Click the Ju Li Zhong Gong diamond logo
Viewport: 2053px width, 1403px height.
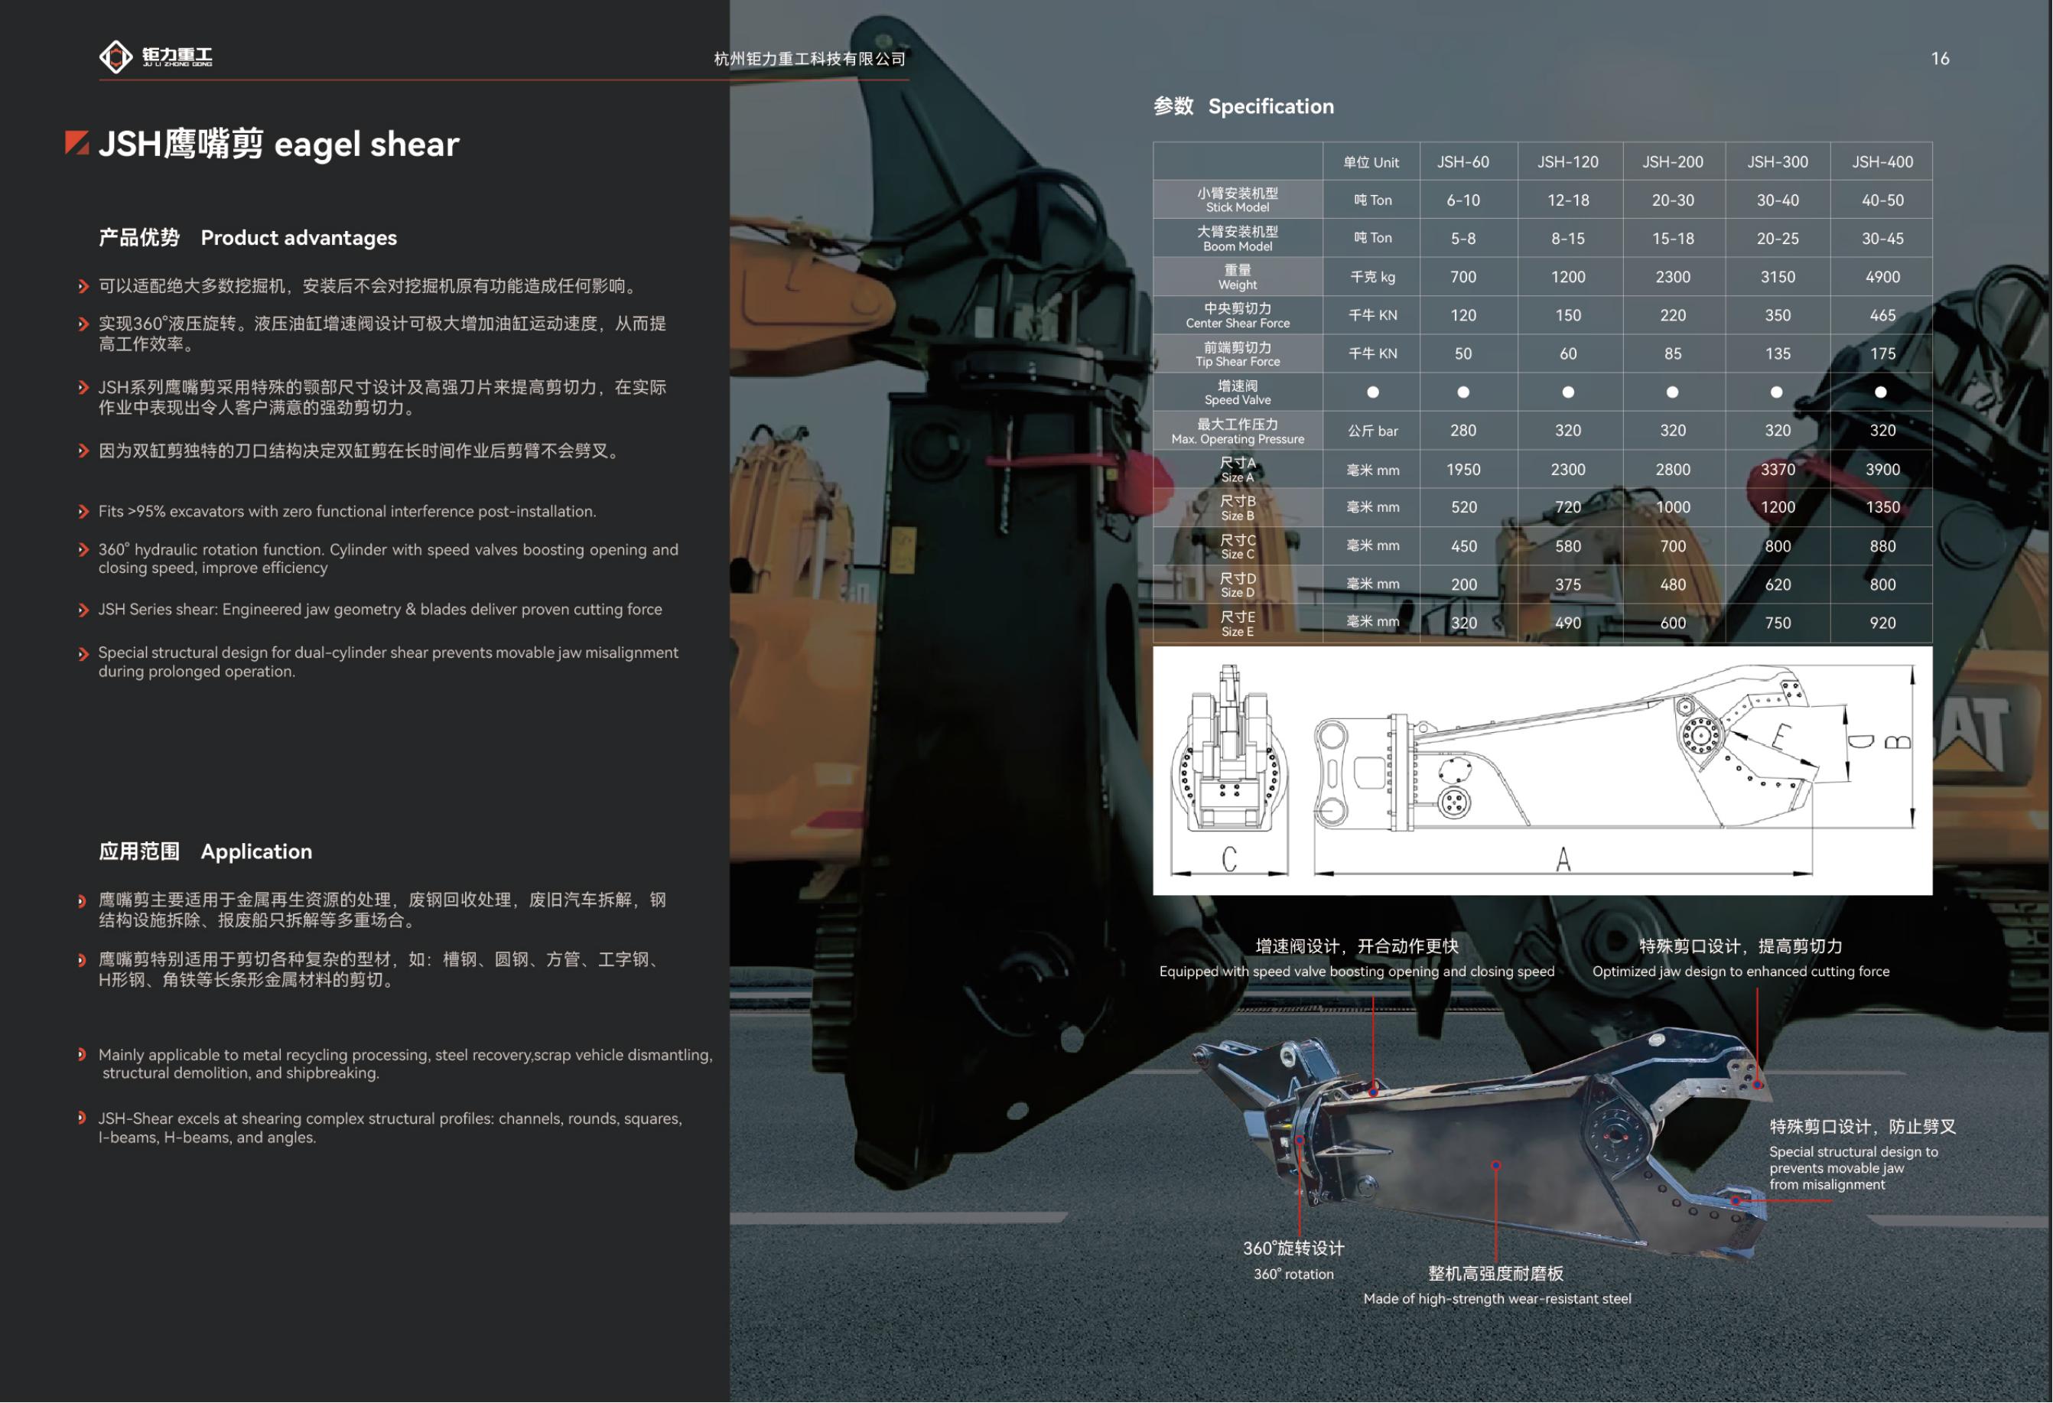(x=116, y=57)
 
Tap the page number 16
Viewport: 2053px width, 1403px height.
(x=1940, y=58)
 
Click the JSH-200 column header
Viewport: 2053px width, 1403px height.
(x=1672, y=161)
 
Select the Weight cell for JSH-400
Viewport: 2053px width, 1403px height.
(x=1882, y=276)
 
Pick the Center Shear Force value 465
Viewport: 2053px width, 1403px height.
(x=1882, y=315)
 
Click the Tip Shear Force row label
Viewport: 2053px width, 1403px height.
(x=1237, y=353)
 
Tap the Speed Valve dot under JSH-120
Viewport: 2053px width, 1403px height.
(x=1567, y=392)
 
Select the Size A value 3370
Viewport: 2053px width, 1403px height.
(x=1778, y=469)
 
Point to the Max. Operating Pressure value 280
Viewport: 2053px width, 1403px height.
(x=1463, y=430)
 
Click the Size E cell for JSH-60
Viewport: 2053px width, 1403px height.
(x=1463, y=623)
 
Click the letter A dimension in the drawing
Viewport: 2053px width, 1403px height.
(x=1563, y=859)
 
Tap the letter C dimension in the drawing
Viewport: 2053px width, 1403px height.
(x=1228, y=859)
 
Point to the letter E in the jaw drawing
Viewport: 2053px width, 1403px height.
(x=1781, y=735)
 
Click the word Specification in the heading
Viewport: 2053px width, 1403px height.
(x=1271, y=106)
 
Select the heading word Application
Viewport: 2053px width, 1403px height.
(x=256, y=851)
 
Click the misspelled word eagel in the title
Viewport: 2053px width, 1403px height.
(x=313, y=145)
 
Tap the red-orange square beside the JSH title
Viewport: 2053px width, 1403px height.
(x=76, y=142)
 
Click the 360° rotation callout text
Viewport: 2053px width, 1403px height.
(x=1293, y=1274)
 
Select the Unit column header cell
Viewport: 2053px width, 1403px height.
(x=1371, y=161)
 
